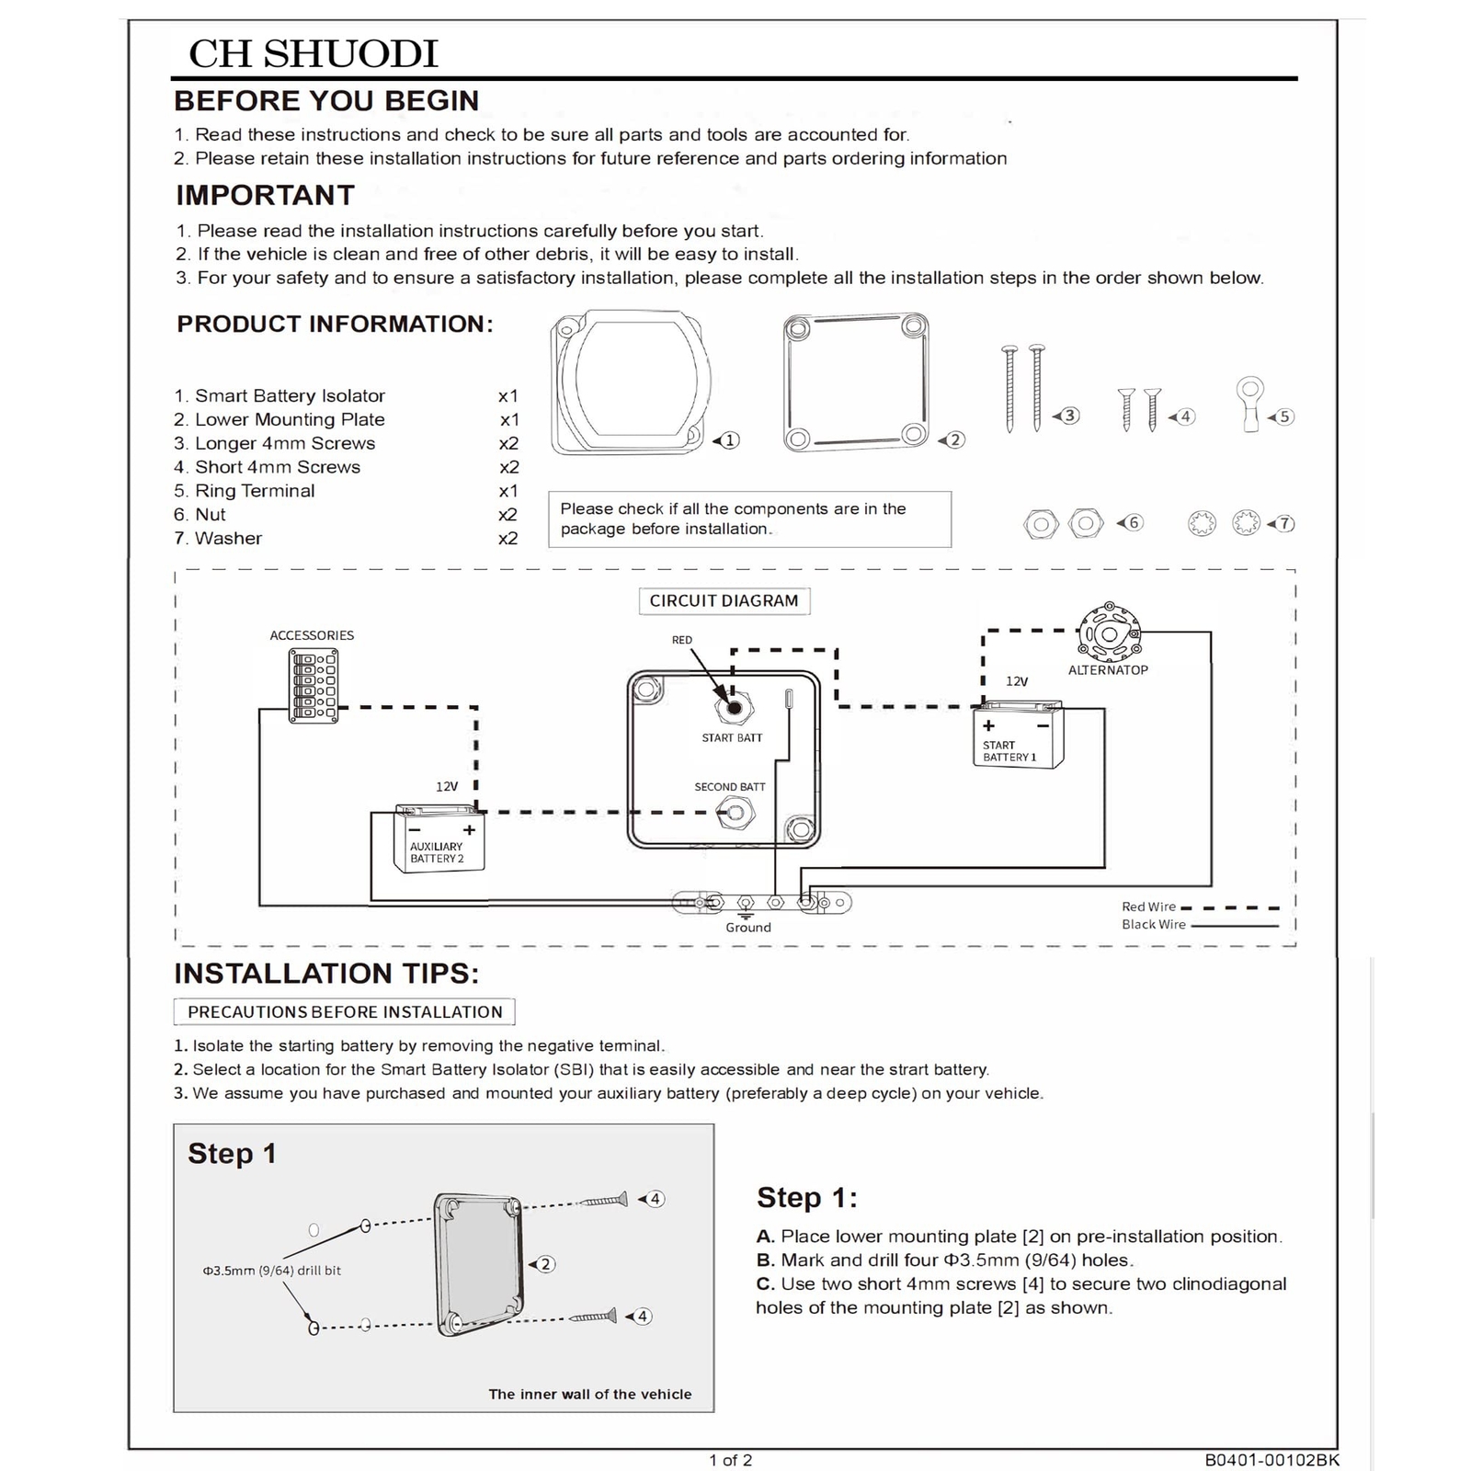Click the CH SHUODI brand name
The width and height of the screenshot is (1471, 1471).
tap(314, 53)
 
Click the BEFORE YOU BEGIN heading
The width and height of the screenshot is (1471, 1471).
tap(326, 100)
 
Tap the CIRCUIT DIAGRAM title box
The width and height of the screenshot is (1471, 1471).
tap(724, 600)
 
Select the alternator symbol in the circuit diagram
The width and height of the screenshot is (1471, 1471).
tap(1109, 633)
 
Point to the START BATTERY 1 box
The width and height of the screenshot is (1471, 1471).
tap(1017, 735)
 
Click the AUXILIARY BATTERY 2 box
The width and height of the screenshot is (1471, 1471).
tap(439, 838)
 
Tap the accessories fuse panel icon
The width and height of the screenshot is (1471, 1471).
tap(314, 686)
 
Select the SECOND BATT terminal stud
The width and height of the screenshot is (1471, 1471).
tap(735, 813)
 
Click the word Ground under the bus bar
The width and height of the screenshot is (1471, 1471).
tap(748, 928)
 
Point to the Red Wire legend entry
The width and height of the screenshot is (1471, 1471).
tap(1149, 907)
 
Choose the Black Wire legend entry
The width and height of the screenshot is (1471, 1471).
tap(1154, 925)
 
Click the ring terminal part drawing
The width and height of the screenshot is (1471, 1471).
tap(1250, 405)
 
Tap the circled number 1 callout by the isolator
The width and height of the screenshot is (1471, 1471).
tap(730, 440)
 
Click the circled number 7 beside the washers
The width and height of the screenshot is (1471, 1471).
tap(1285, 524)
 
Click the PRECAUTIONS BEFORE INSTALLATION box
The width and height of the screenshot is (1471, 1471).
tap(344, 1011)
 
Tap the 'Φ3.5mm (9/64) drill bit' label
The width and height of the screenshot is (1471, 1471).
tap(271, 1271)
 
